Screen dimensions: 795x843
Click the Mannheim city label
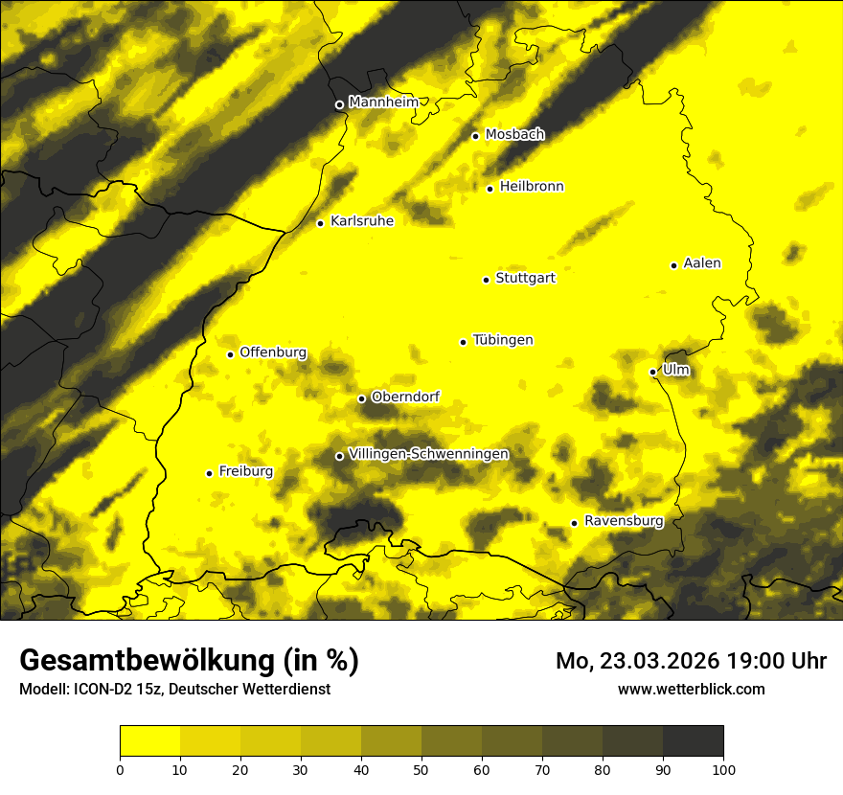(383, 102)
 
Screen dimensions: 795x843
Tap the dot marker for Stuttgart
(486, 280)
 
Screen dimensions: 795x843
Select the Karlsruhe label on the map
(361, 221)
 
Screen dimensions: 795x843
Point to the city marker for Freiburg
(209, 473)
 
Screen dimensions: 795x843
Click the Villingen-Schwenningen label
(428, 454)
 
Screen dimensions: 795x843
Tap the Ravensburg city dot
(574, 523)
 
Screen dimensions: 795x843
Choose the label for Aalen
(702, 263)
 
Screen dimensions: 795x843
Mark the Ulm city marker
(652, 372)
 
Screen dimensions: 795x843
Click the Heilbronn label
(532, 187)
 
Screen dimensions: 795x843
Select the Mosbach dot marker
(475, 136)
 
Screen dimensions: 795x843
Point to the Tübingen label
(503, 340)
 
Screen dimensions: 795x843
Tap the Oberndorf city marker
(361, 398)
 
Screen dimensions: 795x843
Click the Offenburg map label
(273, 352)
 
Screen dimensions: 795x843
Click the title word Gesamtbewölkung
(145, 661)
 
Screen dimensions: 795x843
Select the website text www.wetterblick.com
(691, 689)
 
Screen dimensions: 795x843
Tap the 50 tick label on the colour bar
(421, 768)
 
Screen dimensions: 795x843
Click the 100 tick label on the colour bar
(723, 768)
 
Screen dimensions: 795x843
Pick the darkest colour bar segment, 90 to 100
(693, 741)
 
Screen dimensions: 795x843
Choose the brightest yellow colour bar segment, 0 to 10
(150, 741)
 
